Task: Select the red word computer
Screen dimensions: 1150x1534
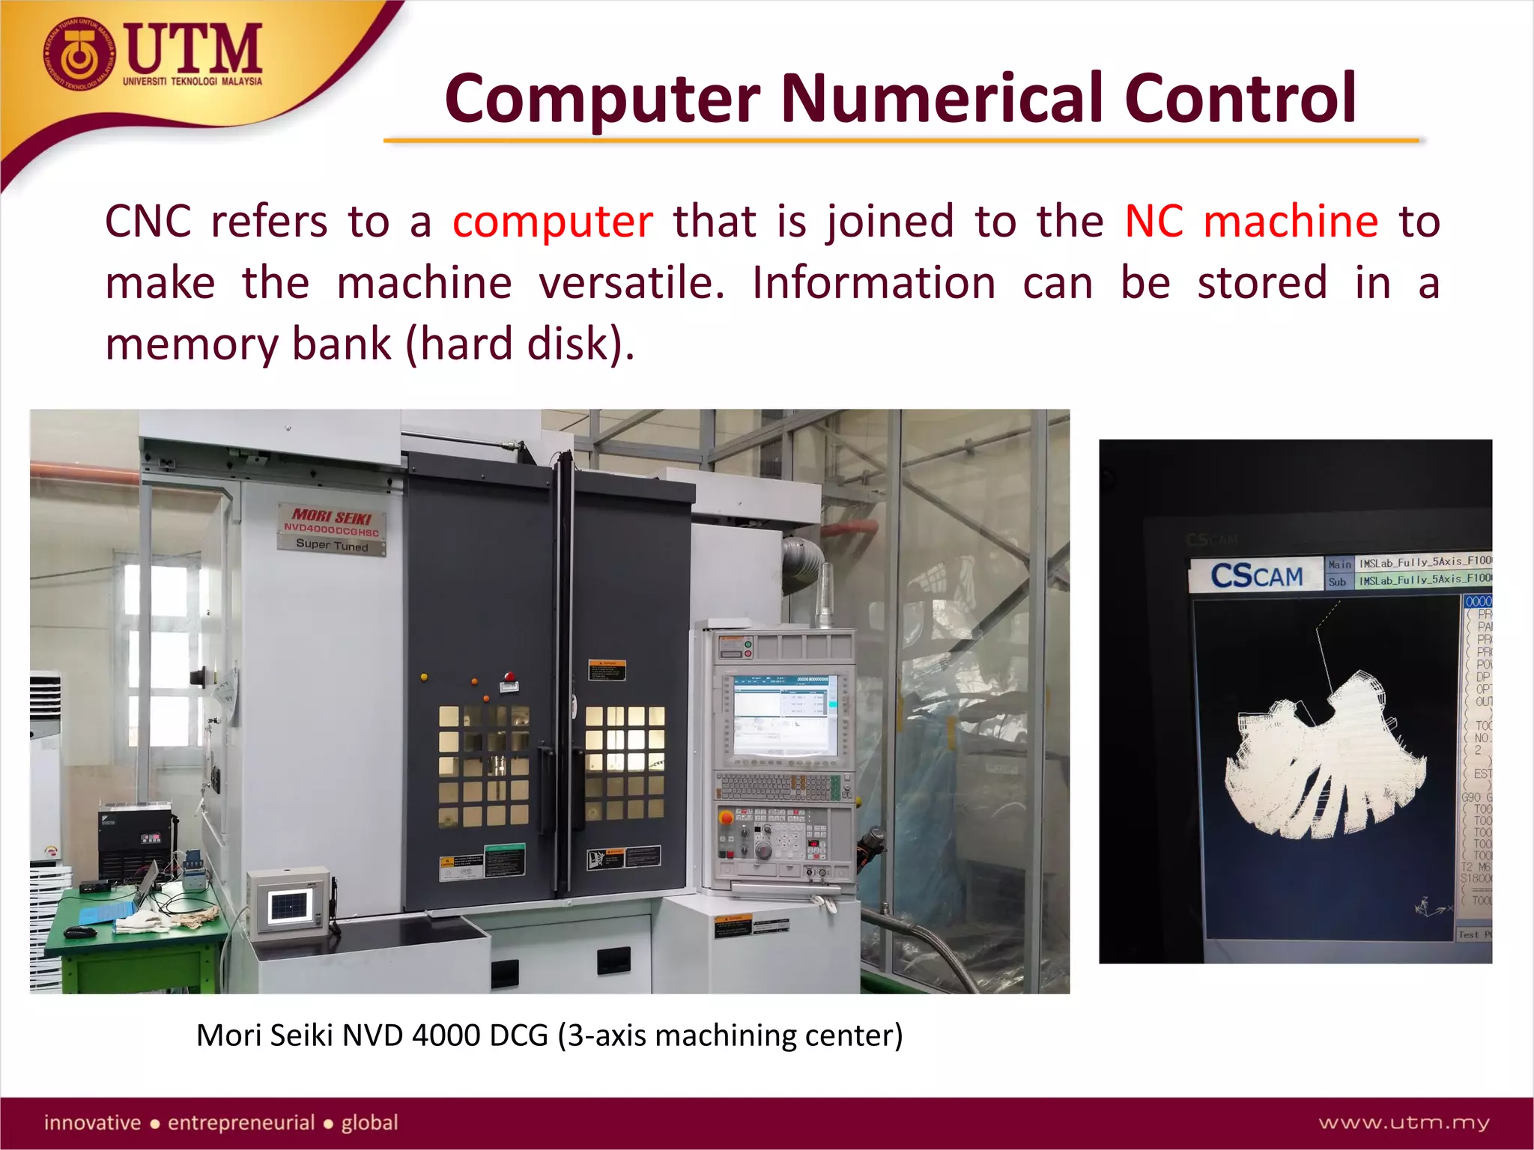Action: tap(553, 222)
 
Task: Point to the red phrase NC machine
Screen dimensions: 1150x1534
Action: tap(1251, 222)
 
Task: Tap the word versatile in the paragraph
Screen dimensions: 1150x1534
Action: tap(631, 283)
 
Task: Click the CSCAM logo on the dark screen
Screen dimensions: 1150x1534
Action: tap(1257, 576)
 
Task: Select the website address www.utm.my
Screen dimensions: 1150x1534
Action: tap(1404, 1122)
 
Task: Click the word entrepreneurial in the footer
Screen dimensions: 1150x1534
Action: tap(240, 1122)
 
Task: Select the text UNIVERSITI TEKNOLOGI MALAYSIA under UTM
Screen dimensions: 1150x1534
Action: tap(192, 81)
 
